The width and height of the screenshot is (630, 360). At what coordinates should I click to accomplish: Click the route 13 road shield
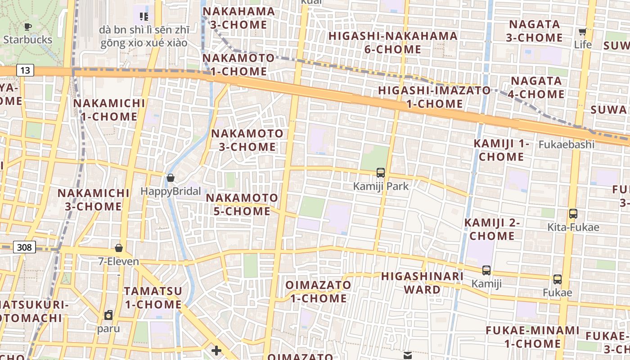point(25,70)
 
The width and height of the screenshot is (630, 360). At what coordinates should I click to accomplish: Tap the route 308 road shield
point(25,247)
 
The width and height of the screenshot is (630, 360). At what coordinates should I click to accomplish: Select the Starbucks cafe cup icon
point(28,27)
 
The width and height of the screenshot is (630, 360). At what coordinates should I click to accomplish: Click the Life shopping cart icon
point(582,31)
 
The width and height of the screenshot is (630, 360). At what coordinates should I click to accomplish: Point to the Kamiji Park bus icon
point(381,172)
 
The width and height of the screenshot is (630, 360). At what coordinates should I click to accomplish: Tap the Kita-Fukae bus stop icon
point(573,214)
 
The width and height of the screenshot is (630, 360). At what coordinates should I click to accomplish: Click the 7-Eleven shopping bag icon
point(119,248)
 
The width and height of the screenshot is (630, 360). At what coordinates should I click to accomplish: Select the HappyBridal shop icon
point(171,178)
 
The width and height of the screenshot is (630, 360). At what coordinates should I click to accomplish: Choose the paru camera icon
point(108,315)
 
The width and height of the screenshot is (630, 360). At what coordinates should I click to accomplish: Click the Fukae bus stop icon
point(558,279)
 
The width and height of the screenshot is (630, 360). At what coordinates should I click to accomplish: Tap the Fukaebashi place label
point(567,145)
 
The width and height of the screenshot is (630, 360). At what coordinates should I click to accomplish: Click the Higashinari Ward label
point(422,283)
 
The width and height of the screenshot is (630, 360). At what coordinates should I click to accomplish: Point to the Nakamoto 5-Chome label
point(242,204)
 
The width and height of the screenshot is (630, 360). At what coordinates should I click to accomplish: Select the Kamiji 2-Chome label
point(492,229)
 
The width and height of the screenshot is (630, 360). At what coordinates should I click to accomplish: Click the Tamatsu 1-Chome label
point(153,297)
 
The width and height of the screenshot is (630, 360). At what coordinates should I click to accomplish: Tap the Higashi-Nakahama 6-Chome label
point(393,42)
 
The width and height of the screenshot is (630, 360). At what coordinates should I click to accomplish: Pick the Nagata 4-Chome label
point(536,87)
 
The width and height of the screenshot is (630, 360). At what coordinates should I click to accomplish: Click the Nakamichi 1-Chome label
point(109,110)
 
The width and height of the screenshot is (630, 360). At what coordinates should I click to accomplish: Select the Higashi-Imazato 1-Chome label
point(434,97)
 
